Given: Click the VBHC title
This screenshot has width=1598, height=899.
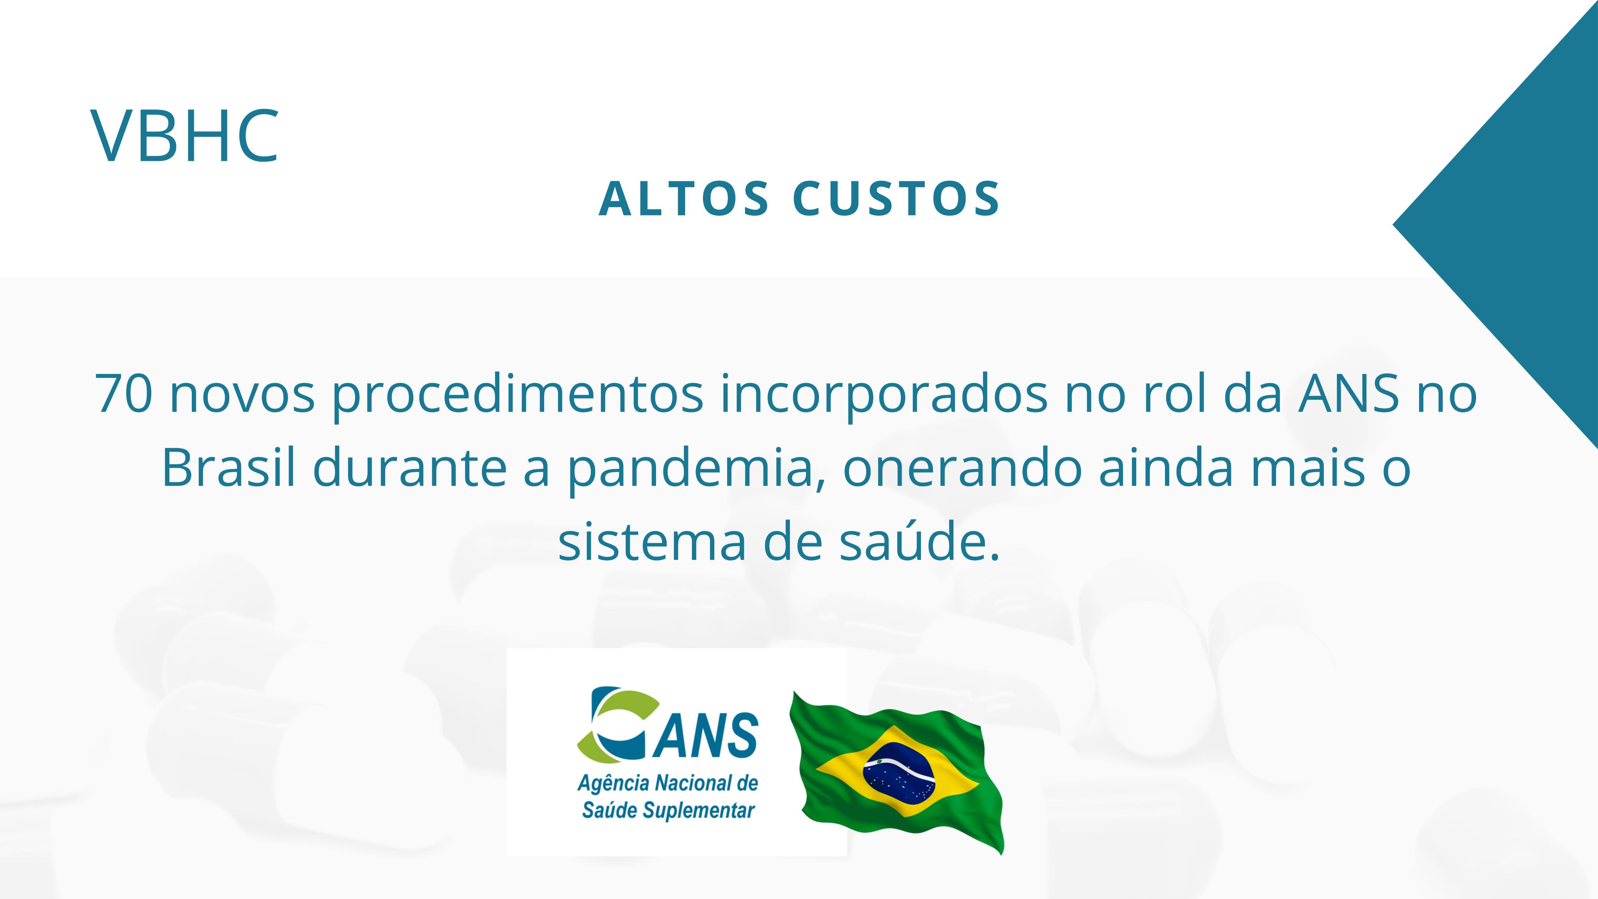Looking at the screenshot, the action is click(x=185, y=136).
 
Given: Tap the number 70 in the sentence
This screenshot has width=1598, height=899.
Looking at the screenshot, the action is click(x=123, y=393).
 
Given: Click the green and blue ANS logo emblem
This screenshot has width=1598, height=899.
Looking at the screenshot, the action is click(x=618, y=724).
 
